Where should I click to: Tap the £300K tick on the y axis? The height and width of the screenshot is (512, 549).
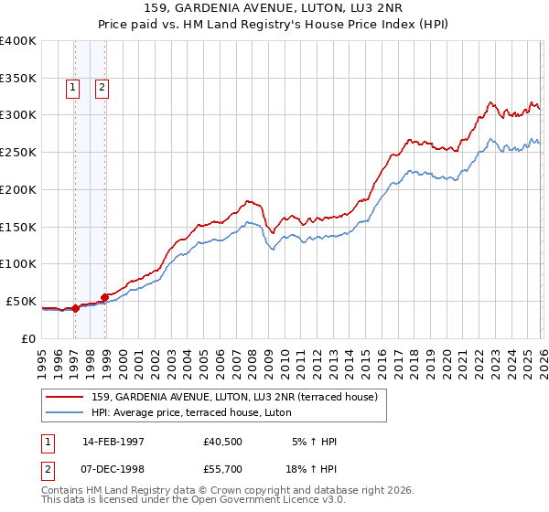point(18,115)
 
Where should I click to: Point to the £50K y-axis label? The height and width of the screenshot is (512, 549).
point(21,301)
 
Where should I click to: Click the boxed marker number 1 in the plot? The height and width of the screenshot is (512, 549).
point(72,88)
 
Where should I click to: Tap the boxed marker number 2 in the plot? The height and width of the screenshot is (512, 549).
point(102,88)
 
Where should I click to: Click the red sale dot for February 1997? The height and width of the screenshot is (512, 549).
point(76,308)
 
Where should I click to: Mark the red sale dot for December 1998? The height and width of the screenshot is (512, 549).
point(105,297)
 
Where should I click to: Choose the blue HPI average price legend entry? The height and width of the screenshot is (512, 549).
point(191,412)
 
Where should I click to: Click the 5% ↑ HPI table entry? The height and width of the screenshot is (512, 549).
point(314,441)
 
